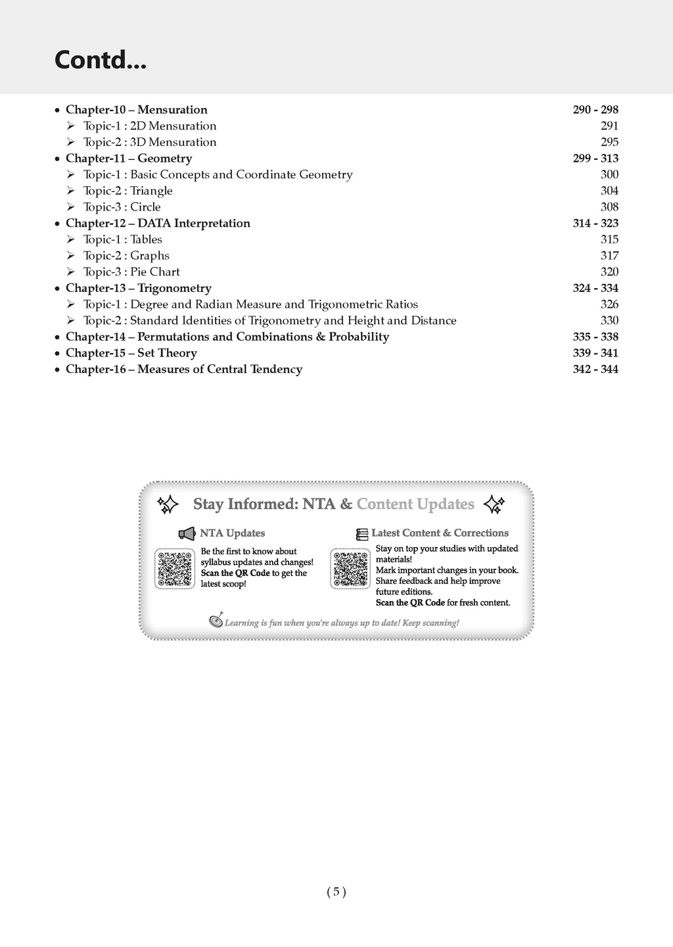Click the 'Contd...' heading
coord(101,60)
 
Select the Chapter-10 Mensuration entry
coord(136,110)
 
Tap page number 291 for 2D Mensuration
coord(609,126)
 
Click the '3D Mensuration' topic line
coord(149,142)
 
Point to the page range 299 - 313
coord(595,158)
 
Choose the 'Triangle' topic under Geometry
coord(128,191)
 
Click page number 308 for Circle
coord(609,207)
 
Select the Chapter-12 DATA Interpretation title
coord(158,224)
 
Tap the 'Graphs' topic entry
coord(126,256)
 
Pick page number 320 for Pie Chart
coord(609,272)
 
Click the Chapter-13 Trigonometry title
coord(138,288)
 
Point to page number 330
coord(609,321)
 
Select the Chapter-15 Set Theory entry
coord(131,353)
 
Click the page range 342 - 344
coord(595,370)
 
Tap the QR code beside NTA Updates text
coord(175,569)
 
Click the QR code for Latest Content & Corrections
coord(350,569)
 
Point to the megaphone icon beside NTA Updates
coord(187,533)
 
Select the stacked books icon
coord(362,534)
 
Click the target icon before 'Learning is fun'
coord(216,621)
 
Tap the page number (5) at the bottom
coord(336,892)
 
